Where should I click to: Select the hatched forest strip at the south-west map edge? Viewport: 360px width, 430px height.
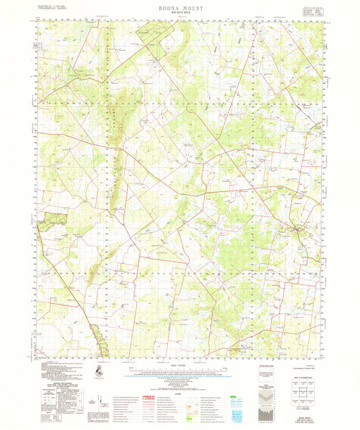click(100, 337)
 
